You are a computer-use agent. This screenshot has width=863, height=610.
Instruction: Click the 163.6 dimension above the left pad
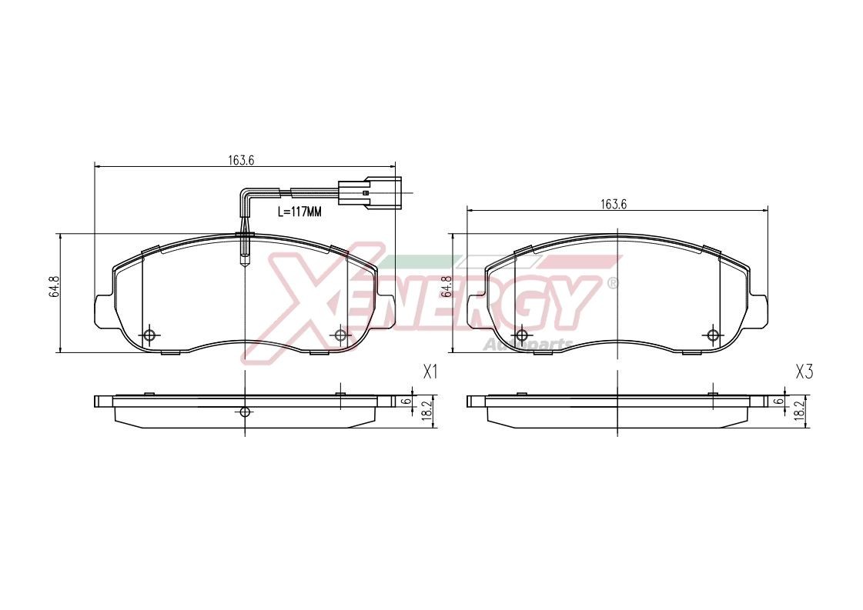point(241,160)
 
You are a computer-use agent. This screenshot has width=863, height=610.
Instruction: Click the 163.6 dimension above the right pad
point(614,204)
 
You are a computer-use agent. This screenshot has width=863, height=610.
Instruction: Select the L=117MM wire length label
point(298,211)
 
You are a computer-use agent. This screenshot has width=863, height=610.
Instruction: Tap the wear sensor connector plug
point(369,192)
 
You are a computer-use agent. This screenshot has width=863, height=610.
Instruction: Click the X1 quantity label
point(430,372)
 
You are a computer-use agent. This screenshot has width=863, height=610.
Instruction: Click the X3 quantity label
point(804,372)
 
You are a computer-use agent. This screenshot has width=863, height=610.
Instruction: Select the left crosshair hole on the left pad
point(149,335)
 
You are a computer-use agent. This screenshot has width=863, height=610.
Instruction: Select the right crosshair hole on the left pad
point(340,335)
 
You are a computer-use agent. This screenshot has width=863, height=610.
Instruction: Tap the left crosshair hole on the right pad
point(521,335)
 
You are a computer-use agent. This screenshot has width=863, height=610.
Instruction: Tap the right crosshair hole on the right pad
point(713,335)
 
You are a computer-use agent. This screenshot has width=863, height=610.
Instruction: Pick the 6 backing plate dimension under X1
point(404,402)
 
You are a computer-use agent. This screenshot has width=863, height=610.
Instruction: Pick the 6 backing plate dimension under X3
point(778,402)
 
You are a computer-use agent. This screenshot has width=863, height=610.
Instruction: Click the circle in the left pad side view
point(245,412)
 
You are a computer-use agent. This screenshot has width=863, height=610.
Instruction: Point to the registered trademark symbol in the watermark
point(613,282)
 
